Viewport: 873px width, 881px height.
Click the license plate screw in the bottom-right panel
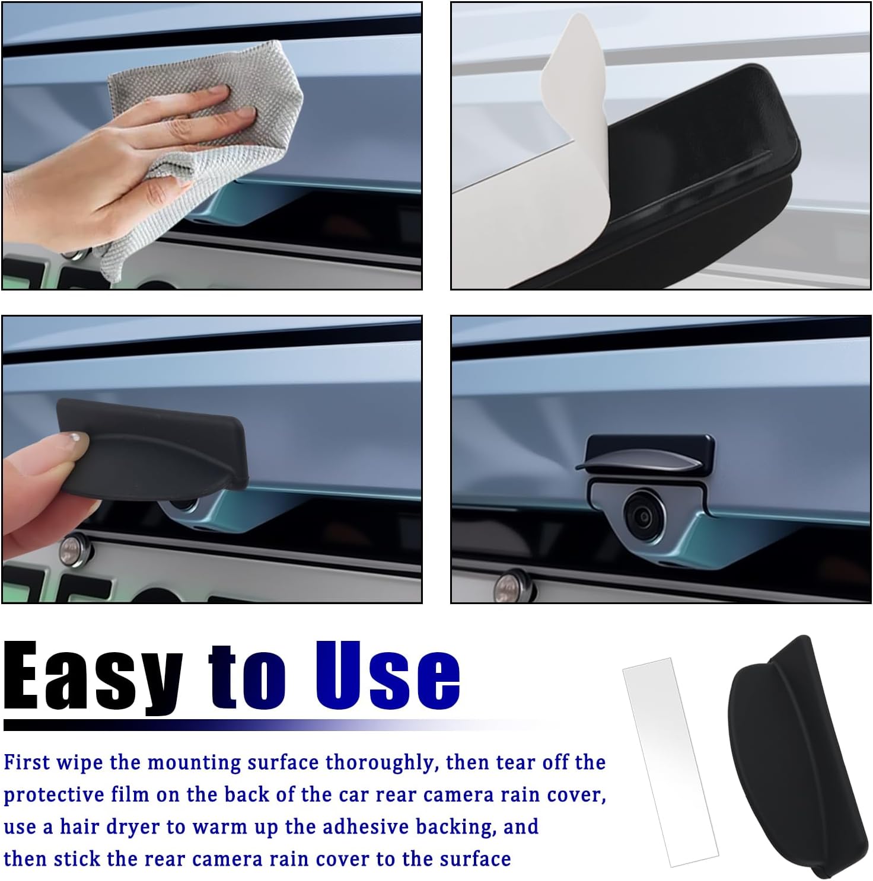(x=511, y=586)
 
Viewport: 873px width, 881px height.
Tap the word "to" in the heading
(x=248, y=679)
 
